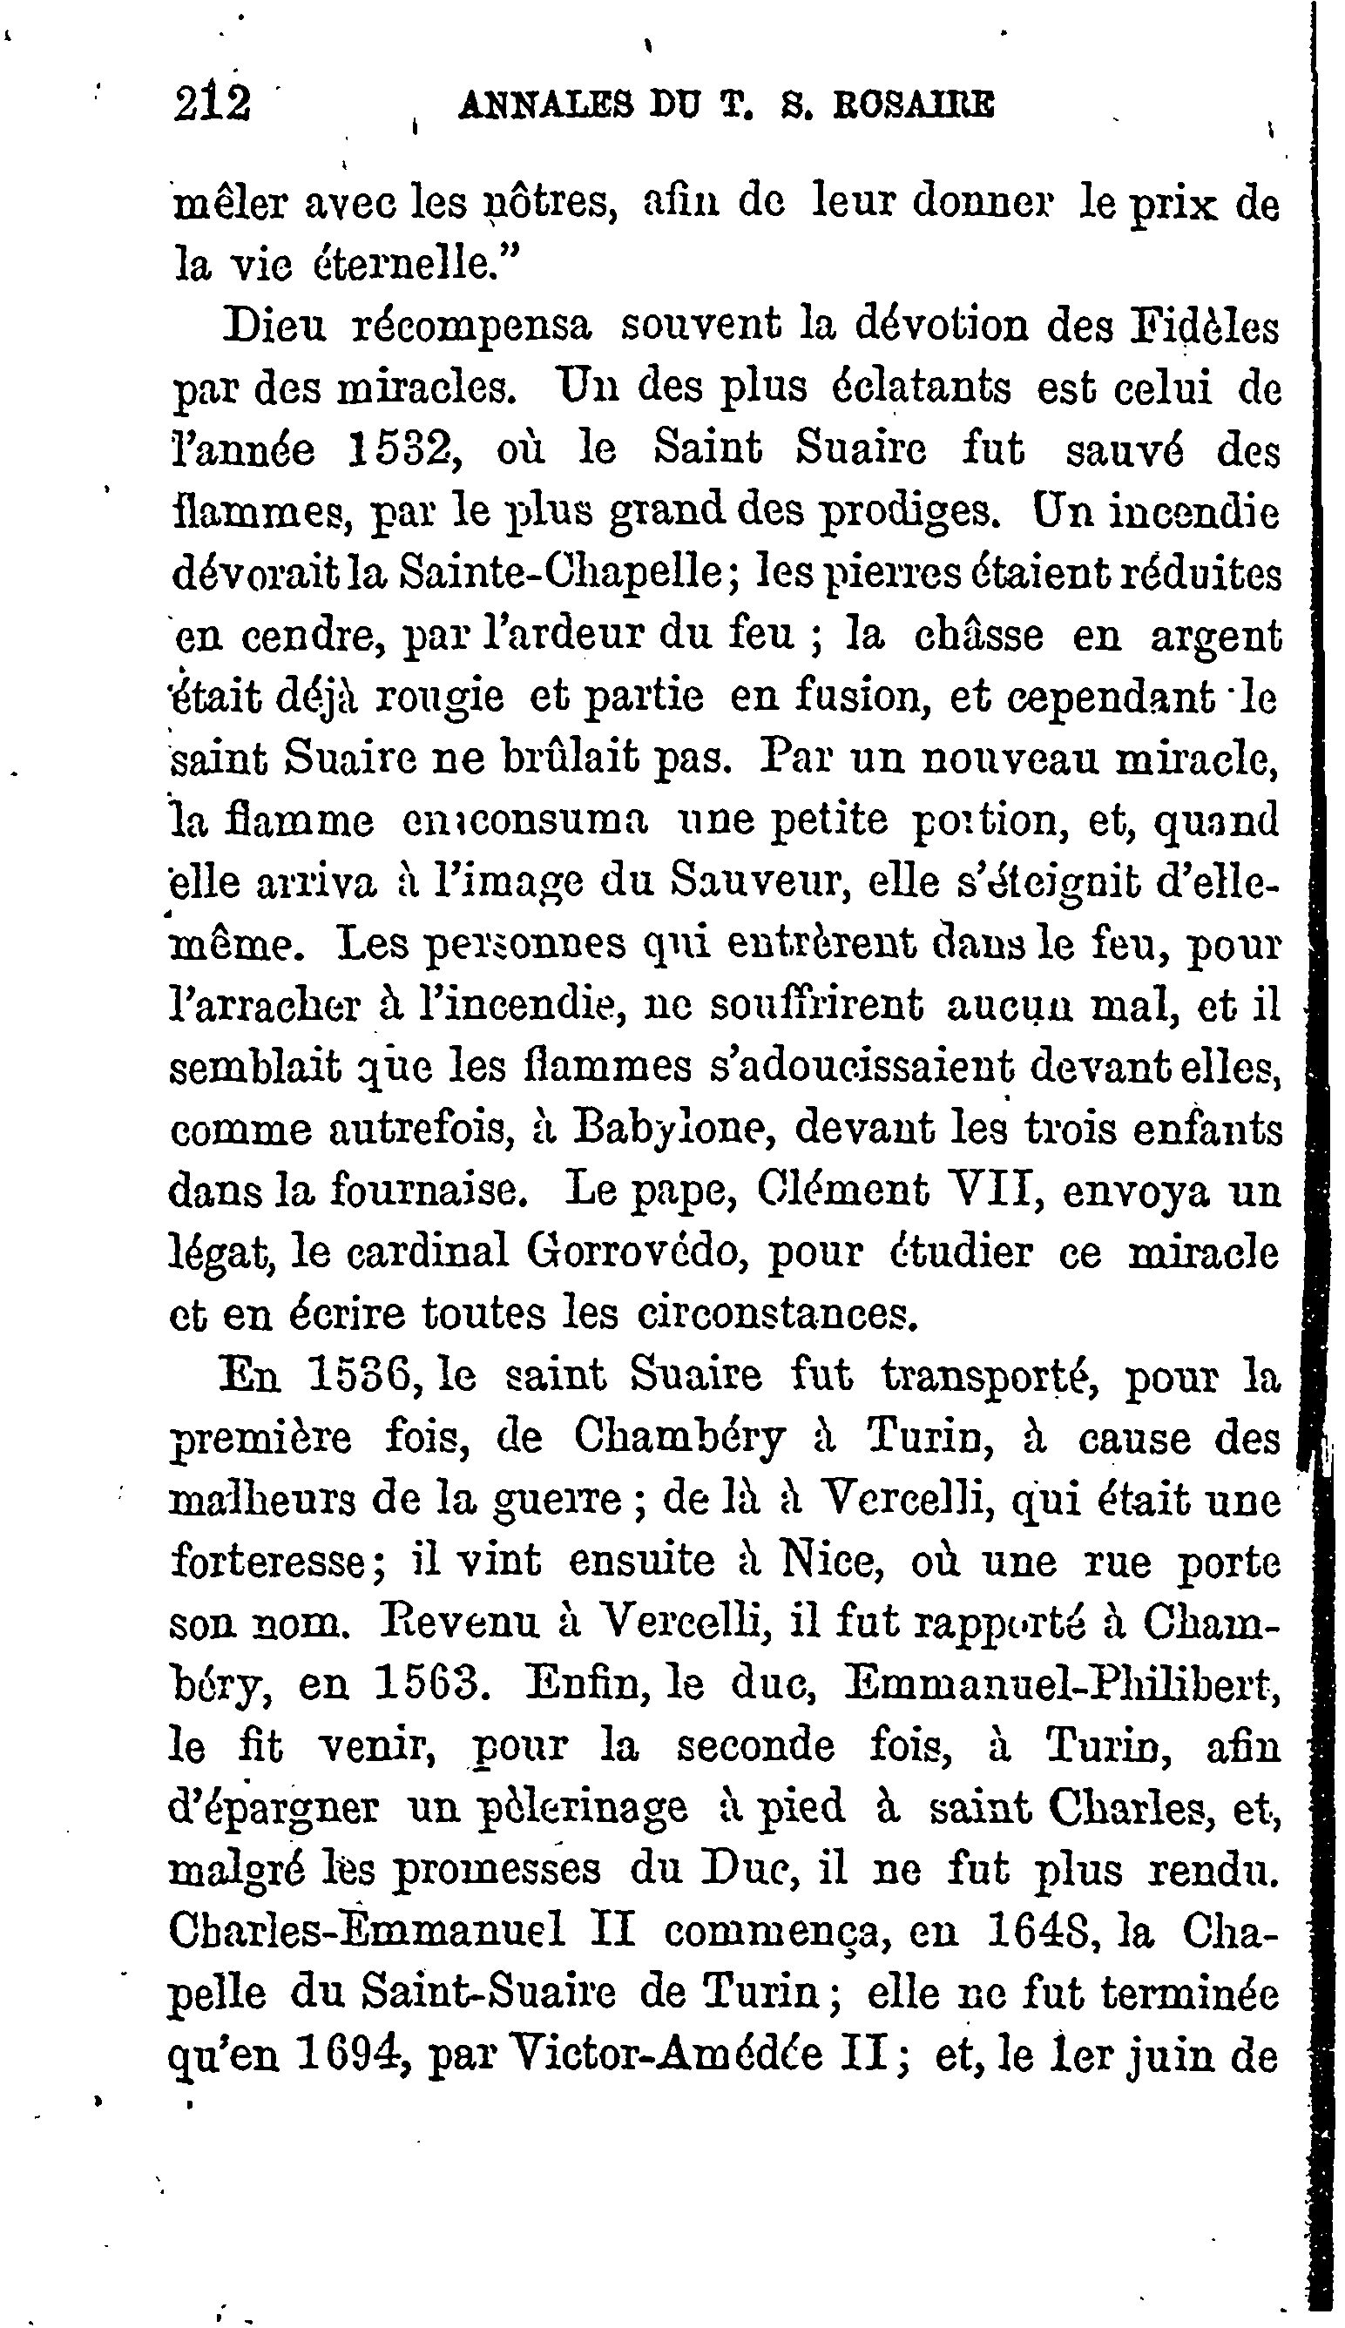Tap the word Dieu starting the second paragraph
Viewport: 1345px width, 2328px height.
pos(275,327)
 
